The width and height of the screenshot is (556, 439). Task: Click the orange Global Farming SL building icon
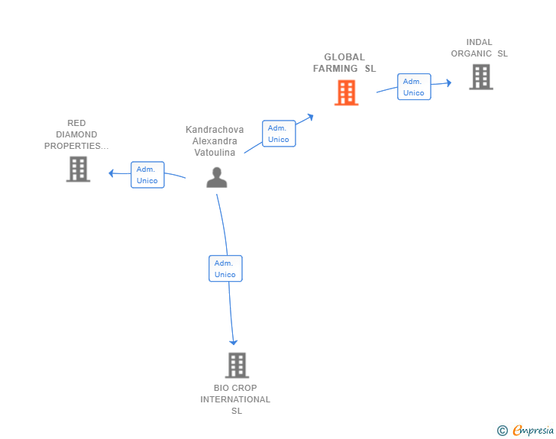346,92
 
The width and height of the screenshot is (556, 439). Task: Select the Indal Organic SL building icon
480,76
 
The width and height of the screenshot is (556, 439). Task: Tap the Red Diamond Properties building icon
78,169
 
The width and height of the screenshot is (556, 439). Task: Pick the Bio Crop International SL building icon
237,365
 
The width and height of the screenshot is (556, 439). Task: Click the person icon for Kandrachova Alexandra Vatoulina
217,177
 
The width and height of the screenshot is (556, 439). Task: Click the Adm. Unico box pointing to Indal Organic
414,87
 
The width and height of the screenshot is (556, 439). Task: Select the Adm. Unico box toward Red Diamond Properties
147,175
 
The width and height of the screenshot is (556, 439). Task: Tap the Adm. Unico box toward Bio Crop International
225,269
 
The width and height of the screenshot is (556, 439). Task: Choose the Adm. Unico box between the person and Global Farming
279,134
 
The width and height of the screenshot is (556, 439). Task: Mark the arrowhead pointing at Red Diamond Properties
112,173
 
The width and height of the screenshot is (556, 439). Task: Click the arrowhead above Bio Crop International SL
234,341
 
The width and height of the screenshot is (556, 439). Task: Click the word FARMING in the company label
335,69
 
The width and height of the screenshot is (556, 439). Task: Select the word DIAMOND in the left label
76,134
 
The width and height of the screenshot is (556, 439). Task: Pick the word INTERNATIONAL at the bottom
235,399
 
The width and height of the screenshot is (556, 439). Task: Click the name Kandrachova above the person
215,130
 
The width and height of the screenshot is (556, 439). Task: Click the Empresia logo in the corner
533,431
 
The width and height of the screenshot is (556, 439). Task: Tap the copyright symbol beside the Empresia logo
502,431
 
